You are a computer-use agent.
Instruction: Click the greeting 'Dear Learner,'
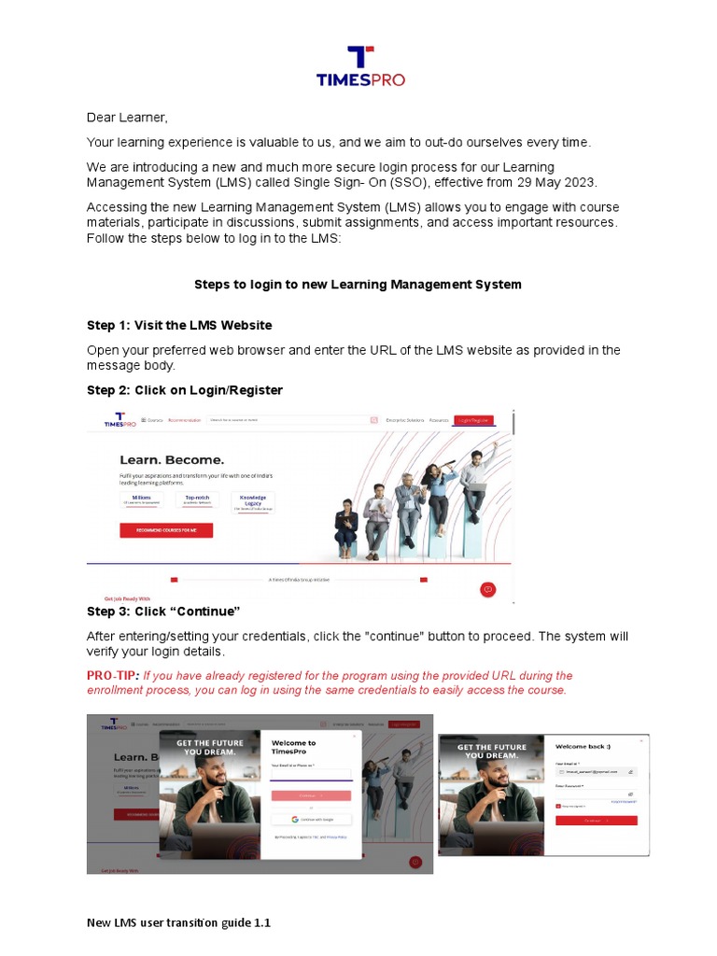click(x=127, y=118)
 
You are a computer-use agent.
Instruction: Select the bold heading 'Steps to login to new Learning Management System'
click(x=358, y=284)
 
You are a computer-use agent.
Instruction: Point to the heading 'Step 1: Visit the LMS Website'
click(x=179, y=325)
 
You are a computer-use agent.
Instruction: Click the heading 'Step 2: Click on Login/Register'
click(x=185, y=389)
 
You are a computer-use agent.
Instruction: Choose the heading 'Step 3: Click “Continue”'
click(x=163, y=612)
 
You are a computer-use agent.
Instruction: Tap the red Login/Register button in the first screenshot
click(x=473, y=421)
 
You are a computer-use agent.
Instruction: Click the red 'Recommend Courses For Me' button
click(x=166, y=530)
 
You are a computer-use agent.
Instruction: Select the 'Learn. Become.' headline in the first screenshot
click(x=172, y=460)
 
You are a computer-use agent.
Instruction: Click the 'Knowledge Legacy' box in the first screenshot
click(x=252, y=501)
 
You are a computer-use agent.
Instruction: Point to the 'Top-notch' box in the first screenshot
click(x=198, y=501)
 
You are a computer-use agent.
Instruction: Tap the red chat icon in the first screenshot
click(x=486, y=589)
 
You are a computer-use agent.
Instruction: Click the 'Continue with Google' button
click(x=312, y=819)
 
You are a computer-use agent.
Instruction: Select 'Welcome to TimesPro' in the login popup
click(x=293, y=747)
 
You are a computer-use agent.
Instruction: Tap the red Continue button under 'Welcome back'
click(x=597, y=820)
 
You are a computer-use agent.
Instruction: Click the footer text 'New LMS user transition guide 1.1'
click(x=178, y=923)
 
